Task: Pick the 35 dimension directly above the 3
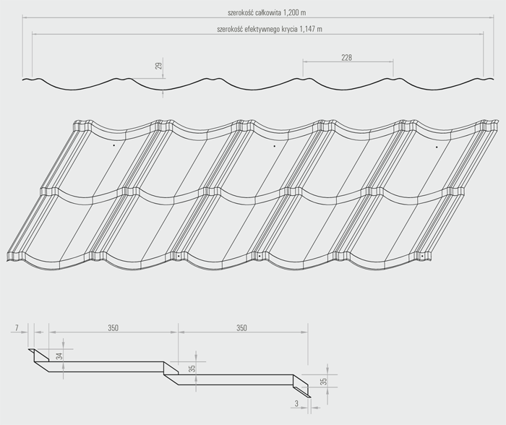[x=324, y=380]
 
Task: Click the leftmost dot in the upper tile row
[x=113, y=146]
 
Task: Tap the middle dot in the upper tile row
[x=275, y=146]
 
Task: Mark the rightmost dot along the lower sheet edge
[x=423, y=255]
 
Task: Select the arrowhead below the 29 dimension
[x=163, y=92]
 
